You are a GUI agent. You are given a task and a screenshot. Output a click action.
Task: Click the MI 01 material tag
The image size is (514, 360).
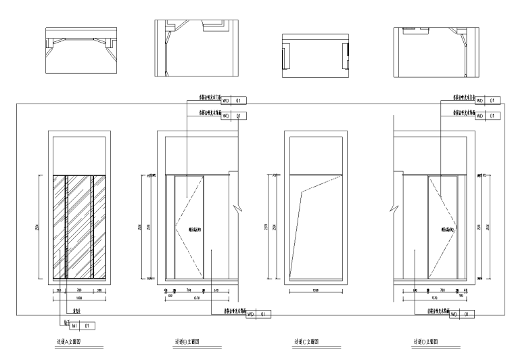click(x=80, y=325)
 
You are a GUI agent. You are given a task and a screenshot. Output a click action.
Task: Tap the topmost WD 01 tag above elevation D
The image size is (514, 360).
click(x=488, y=101)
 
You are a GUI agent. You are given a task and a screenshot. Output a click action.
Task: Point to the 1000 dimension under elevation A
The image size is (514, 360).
click(x=79, y=296)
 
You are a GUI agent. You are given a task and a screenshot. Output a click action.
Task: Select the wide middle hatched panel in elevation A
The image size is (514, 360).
click(x=79, y=227)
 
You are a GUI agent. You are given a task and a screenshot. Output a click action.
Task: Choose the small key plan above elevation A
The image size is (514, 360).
click(x=79, y=50)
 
